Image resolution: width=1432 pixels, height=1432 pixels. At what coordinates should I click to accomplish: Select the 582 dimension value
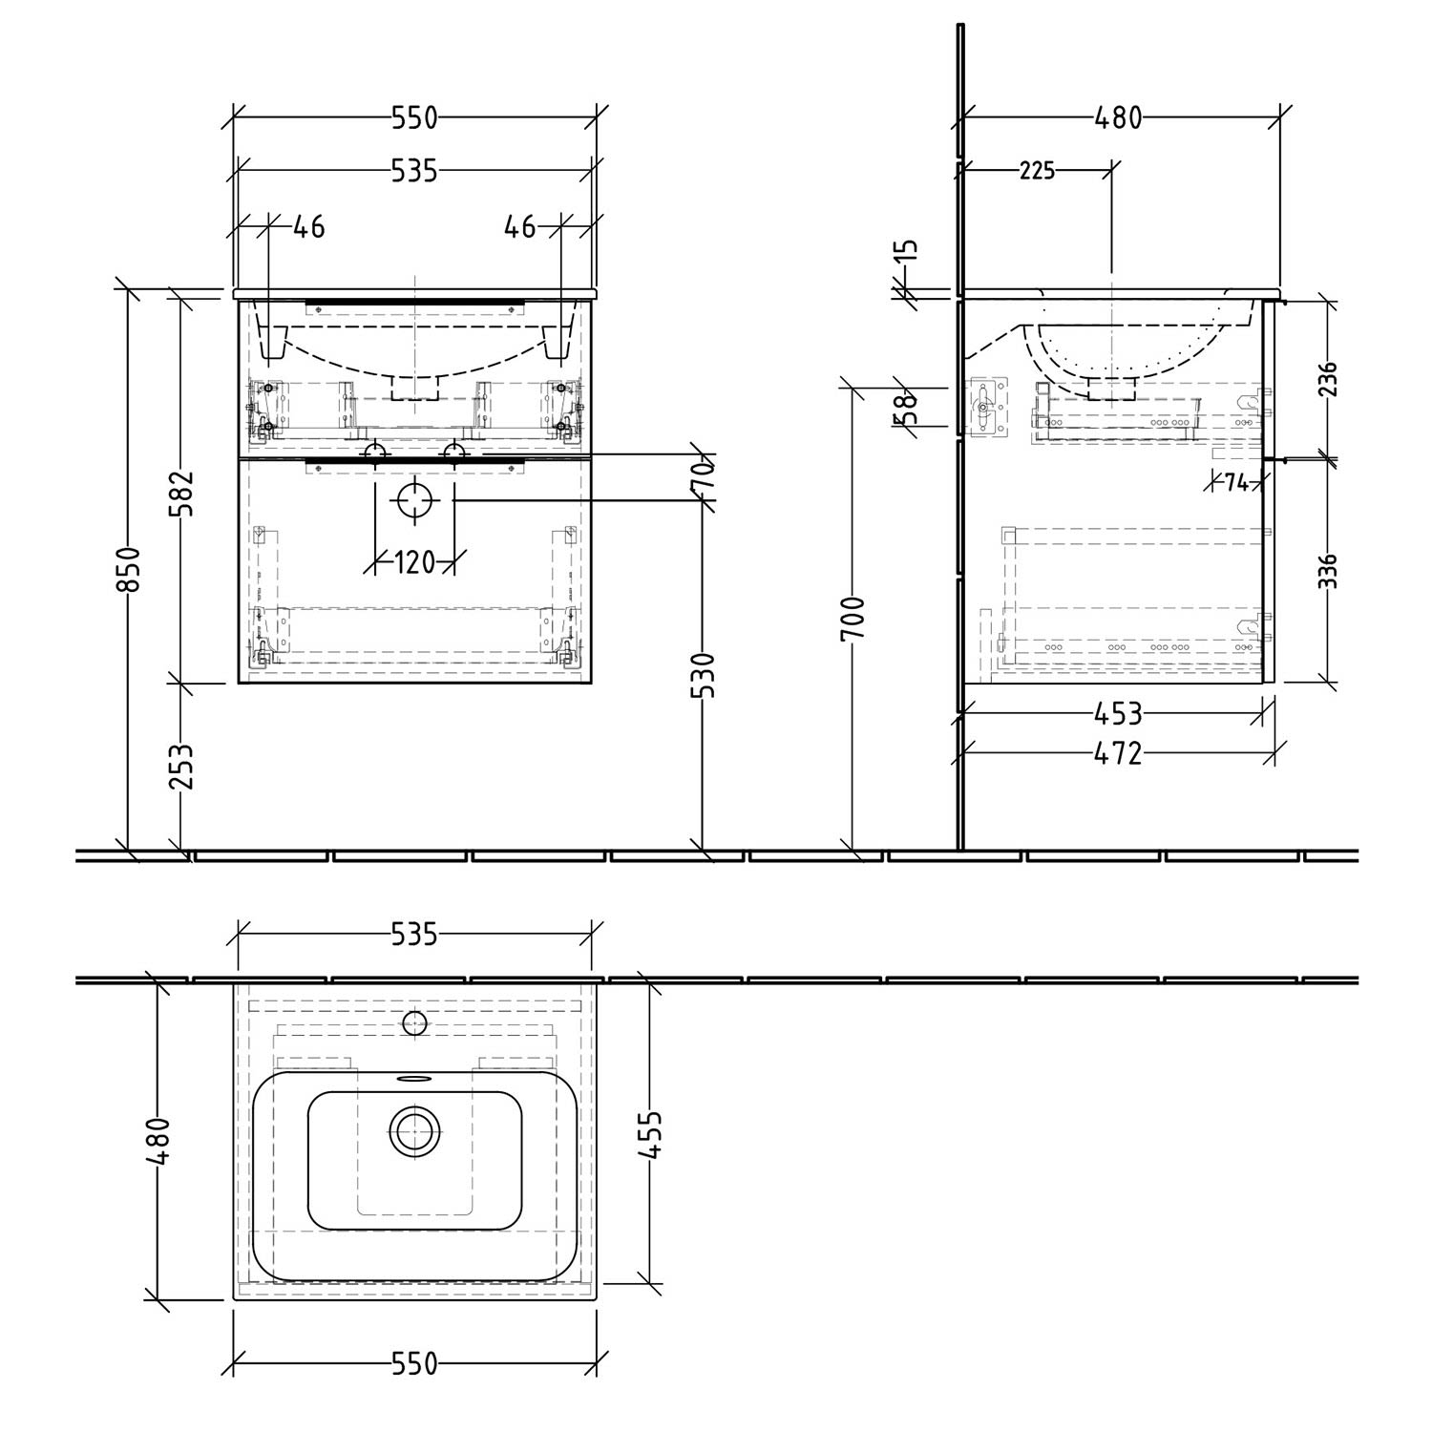click(x=182, y=493)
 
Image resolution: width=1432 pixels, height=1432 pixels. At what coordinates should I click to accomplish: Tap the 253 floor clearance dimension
click(x=181, y=767)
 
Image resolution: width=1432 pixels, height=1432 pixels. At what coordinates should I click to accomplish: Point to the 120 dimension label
click(x=414, y=562)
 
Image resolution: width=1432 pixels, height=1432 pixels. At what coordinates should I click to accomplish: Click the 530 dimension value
click(x=703, y=675)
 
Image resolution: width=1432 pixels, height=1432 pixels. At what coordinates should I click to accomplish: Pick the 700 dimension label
click(x=853, y=618)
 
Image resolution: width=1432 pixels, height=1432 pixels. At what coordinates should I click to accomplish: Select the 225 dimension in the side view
click(x=1038, y=171)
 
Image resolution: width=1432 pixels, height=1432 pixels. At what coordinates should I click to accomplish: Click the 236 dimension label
click(x=1329, y=379)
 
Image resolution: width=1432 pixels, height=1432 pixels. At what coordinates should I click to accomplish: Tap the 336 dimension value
click(x=1329, y=571)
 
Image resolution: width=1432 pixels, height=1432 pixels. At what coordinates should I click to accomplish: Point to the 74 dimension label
click(x=1236, y=483)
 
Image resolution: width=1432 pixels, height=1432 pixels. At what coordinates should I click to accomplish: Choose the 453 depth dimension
click(x=1118, y=713)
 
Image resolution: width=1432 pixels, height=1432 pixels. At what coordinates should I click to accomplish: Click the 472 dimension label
click(x=1118, y=753)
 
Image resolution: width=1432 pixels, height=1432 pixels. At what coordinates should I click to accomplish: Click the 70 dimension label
click(x=703, y=474)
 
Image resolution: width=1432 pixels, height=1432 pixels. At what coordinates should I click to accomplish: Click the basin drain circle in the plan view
click(x=414, y=1133)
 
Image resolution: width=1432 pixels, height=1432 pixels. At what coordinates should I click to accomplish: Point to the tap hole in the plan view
click(x=414, y=1023)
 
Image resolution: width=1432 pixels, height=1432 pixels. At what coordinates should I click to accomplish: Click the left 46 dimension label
click(x=308, y=227)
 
